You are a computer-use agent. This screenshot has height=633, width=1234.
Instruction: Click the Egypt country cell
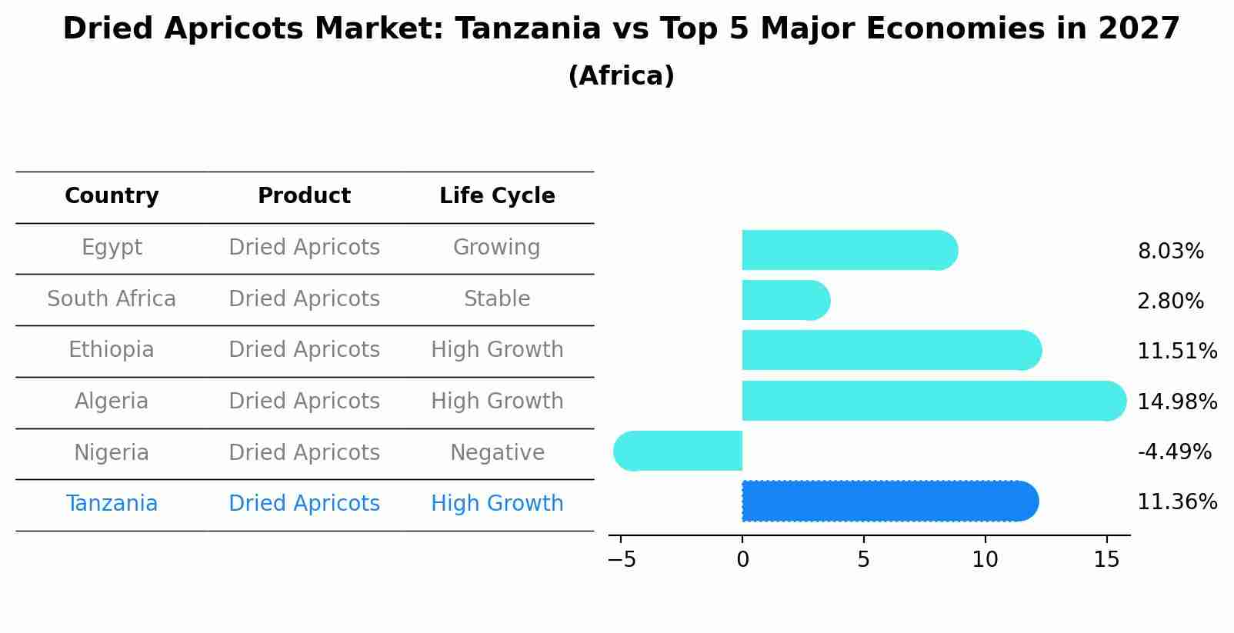pyautogui.click(x=112, y=248)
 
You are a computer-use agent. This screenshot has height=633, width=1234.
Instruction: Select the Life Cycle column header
pyautogui.click(x=497, y=196)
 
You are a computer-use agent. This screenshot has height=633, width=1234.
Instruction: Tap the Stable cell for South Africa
pyautogui.click(x=497, y=299)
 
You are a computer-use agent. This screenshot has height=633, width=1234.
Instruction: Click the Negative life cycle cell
pyautogui.click(x=497, y=453)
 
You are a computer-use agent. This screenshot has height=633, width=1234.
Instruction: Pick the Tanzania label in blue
pyautogui.click(x=112, y=504)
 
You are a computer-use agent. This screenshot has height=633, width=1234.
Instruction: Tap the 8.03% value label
pyautogui.click(x=1170, y=252)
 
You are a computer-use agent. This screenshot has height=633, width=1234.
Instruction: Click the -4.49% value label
pyautogui.click(x=1174, y=452)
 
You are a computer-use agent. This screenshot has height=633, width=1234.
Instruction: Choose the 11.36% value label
pyautogui.click(x=1177, y=502)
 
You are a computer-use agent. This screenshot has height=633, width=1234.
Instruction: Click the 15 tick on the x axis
pyautogui.click(x=1106, y=560)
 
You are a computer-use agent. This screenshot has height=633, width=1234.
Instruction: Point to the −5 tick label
pyautogui.click(x=622, y=560)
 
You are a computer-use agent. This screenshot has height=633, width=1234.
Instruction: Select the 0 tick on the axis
pyautogui.click(x=742, y=560)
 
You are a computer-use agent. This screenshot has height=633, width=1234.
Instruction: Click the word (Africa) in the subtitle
pyautogui.click(x=621, y=76)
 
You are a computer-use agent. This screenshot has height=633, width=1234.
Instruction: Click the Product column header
pyautogui.click(x=304, y=196)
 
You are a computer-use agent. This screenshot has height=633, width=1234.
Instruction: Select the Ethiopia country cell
pyautogui.click(x=112, y=350)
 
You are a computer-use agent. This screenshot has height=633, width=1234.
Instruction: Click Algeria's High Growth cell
pyautogui.click(x=497, y=401)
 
